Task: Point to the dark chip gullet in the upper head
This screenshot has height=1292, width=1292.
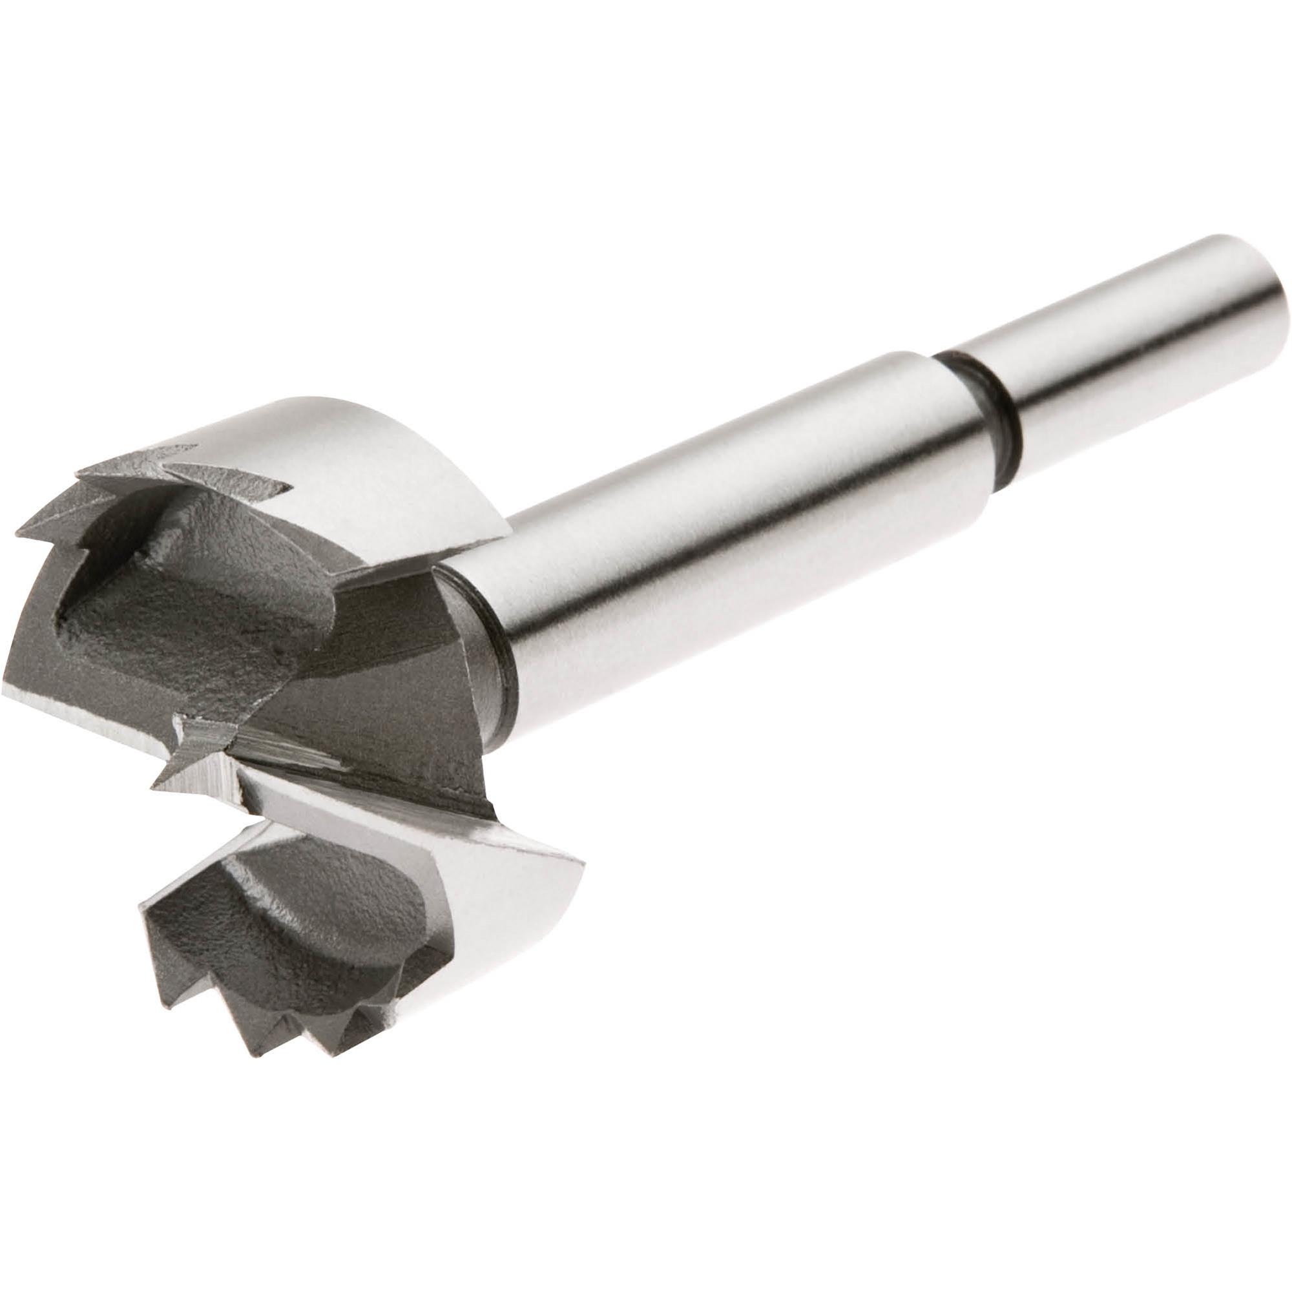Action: tap(201, 602)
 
